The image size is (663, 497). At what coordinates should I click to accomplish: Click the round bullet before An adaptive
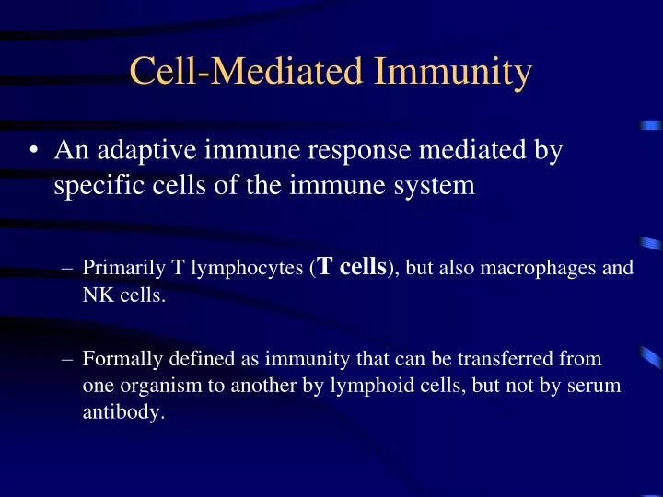33,151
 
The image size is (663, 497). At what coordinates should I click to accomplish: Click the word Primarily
116,269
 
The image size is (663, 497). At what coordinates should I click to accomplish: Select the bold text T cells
351,267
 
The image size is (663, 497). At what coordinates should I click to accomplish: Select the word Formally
115,357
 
